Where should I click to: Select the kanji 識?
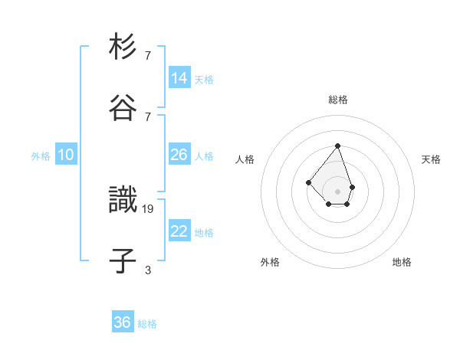[x=123, y=200]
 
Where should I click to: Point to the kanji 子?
[x=123, y=260]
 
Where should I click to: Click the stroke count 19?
[x=148, y=208]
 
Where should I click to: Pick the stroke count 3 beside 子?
[x=148, y=270]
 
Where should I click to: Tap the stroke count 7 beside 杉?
[x=148, y=55]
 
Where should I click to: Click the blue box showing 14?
[x=179, y=78]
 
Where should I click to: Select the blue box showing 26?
[x=179, y=155]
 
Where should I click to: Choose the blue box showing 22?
[x=179, y=231]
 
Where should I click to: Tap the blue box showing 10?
[x=66, y=155]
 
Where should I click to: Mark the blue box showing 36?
[x=123, y=322]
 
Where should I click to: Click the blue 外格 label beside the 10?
[x=41, y=155]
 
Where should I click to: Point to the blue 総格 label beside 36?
[x=147, y=324]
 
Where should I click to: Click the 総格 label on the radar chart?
[x=338, y=100]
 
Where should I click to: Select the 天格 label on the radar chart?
[x=432, y=159]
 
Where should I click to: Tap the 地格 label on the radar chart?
[x=402, y=262]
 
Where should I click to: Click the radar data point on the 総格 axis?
[x=337, y=146]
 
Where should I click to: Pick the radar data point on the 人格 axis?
[x=307, y=182]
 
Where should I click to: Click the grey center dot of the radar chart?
[x=337, y=191]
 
